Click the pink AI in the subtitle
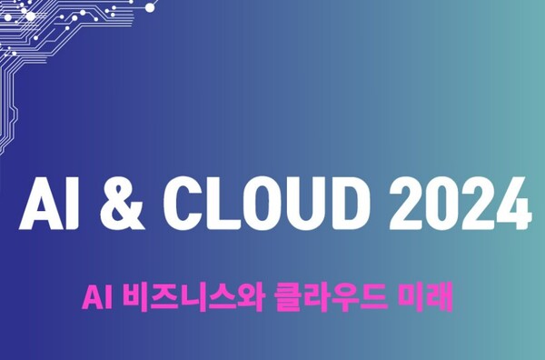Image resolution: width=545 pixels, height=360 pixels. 96,296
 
